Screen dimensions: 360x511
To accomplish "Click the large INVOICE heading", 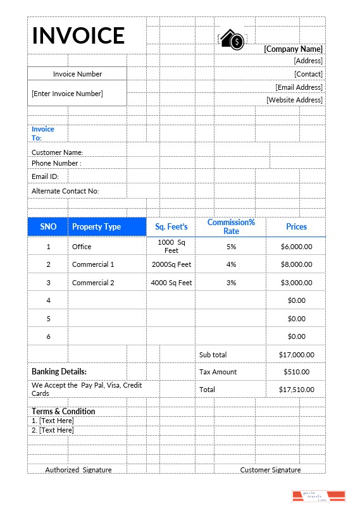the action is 78,35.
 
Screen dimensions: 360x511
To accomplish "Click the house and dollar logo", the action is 232,40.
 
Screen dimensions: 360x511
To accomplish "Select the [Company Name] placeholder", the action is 293,49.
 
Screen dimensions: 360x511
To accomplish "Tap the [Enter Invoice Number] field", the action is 67,94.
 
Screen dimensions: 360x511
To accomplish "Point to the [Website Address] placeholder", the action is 294,100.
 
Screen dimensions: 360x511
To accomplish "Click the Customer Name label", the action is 58,152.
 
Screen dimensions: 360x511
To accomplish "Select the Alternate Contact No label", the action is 65,191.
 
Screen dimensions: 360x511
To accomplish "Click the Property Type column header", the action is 96,227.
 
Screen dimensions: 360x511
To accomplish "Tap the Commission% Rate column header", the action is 231,226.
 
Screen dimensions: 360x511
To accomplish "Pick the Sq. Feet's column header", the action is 171,227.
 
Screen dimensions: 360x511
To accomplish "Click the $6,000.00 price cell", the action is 296,247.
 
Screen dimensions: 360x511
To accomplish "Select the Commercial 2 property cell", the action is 93,283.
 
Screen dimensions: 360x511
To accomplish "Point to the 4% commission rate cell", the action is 231,264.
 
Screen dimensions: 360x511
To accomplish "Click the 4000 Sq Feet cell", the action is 171,283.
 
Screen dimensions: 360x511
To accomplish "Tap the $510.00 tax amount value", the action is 296,372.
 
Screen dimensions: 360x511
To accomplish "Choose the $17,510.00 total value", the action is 296,390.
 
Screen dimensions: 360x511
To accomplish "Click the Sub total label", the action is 213,355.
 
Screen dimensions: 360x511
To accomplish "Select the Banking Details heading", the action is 59,372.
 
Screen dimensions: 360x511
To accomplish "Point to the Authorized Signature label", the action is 78,470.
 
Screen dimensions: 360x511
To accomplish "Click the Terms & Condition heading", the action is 63,411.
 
